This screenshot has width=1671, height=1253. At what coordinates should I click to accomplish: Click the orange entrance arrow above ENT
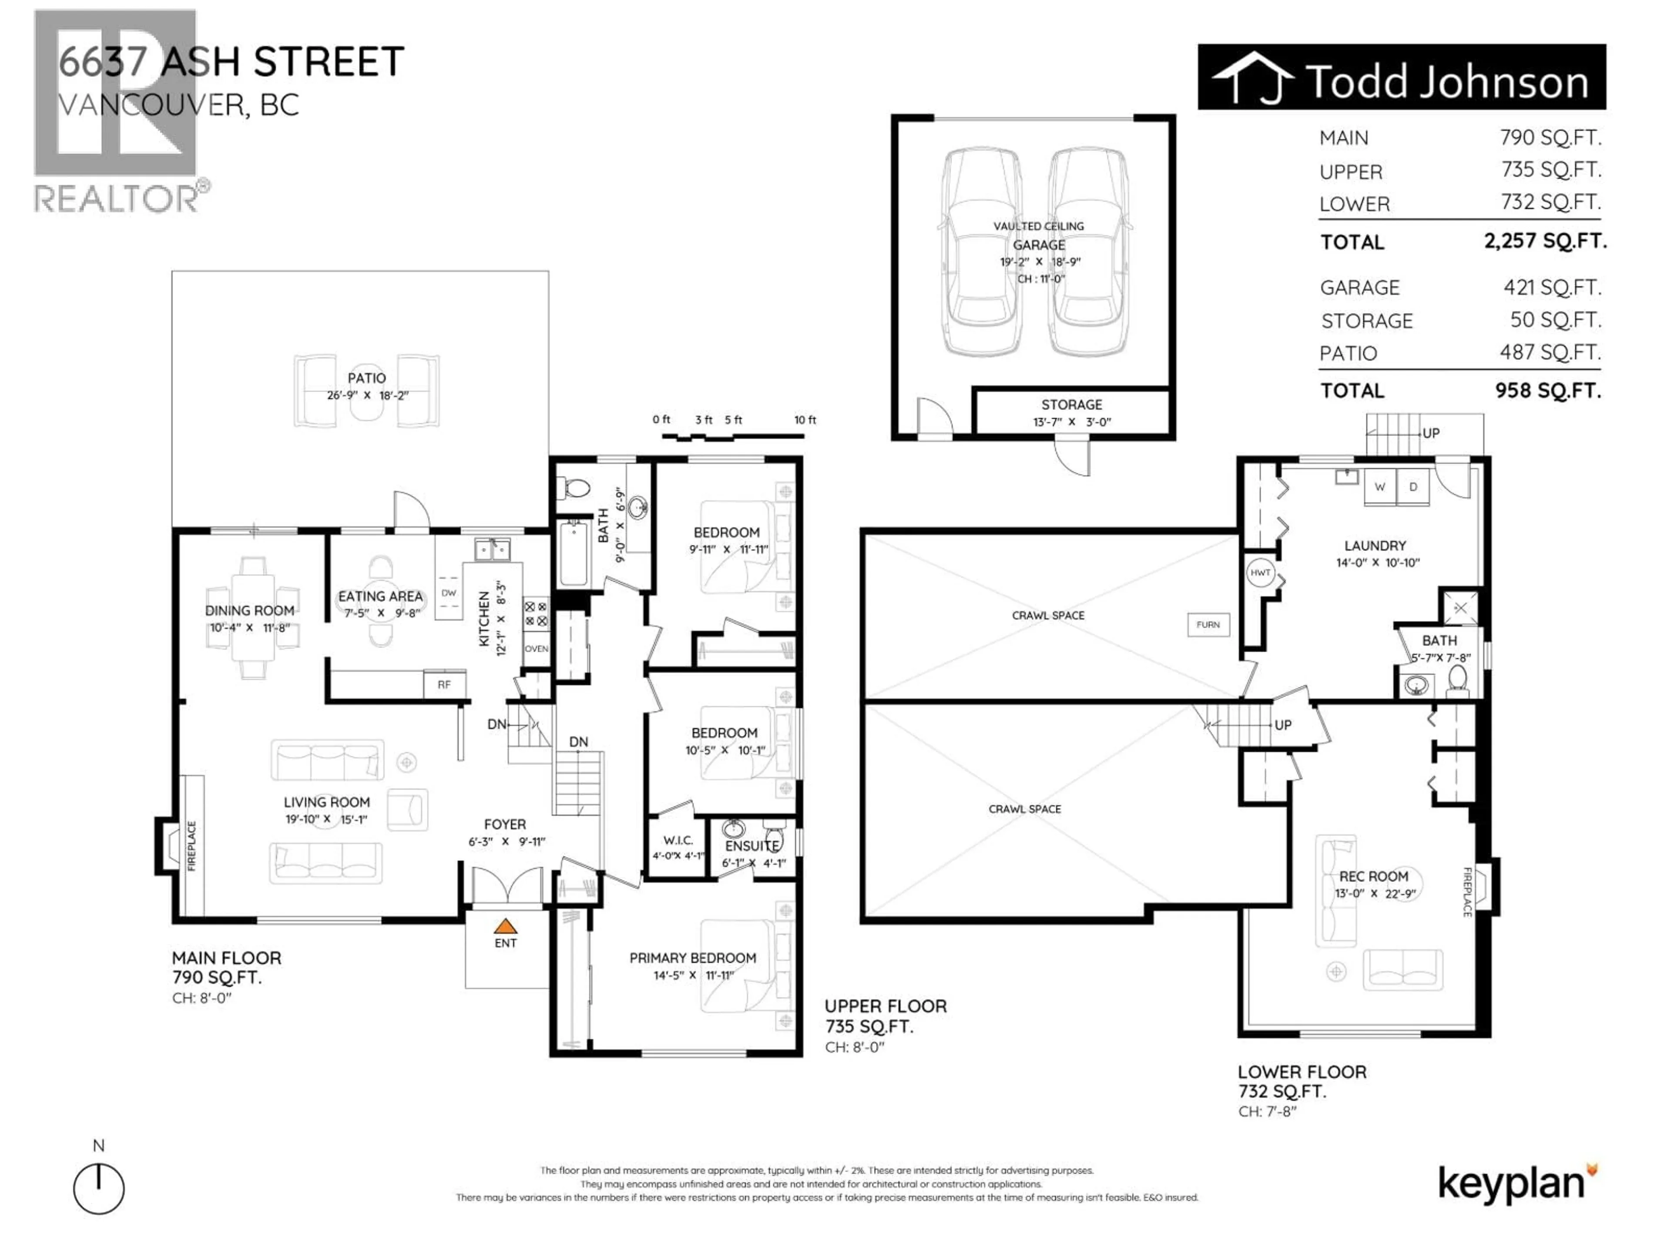pos(505,926)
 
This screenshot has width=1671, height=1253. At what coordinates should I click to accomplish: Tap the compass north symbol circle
pos(99,1189)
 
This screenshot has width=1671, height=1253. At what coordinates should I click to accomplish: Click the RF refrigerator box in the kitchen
pos(444,684)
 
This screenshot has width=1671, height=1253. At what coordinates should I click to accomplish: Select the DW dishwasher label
pos(449,593)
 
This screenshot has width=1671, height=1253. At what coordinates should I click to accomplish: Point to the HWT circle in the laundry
pos(1261,573)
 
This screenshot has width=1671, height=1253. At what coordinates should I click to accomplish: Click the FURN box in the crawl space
pos(1208,625)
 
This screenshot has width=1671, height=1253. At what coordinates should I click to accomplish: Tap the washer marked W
pos(1379,487)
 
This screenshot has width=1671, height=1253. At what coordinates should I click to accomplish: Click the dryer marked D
pos(1413,487)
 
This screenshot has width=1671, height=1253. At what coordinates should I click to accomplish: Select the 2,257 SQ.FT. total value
pos(1545,241)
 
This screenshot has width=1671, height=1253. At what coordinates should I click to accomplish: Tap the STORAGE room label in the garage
pos(1071,405)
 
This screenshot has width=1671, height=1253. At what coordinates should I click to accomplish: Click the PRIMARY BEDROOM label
pos(693,958)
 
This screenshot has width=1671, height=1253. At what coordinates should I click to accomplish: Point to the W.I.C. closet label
pos(678,840)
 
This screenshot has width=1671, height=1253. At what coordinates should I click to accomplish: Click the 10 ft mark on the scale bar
pos(805,420)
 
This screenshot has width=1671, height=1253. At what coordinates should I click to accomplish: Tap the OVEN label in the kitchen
pos(537,649)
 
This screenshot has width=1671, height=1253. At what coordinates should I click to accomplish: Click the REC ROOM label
pos(1373,876)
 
